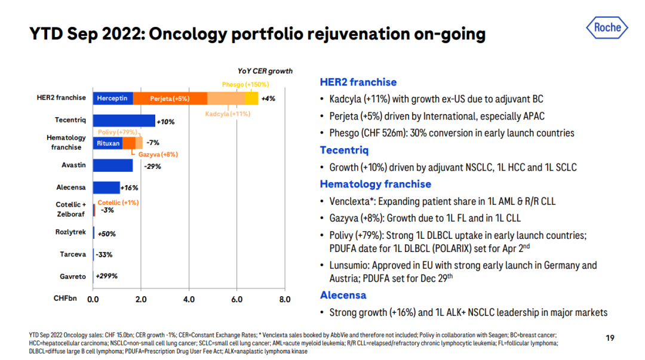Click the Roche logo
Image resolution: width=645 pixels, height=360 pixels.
pos(607,27)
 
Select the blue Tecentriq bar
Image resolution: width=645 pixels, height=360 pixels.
pos(124,121)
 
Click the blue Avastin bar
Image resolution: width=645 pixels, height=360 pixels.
pos(113,165)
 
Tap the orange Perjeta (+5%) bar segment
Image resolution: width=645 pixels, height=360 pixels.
pos(170,98)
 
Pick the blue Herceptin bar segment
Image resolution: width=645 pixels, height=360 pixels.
pos(113,98)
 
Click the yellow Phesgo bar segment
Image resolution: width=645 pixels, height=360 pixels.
pos(251,98)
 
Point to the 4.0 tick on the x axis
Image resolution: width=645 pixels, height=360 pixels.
pos(189,299)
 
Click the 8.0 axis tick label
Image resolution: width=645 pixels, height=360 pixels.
pos(284,299)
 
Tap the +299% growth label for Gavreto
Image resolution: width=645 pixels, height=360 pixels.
pos(106,276)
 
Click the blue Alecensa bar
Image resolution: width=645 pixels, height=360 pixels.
pos(106,187)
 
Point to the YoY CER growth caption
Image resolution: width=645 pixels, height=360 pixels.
pos(265,71)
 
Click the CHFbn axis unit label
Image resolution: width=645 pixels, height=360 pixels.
pos(64,298)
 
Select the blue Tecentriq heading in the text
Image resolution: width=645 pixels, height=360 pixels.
pos(343,150)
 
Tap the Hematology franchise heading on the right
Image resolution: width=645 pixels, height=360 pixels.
pos(375,184)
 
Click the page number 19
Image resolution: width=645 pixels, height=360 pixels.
pos(610,339)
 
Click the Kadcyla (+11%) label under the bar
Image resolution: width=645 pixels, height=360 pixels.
pos(228,113)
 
